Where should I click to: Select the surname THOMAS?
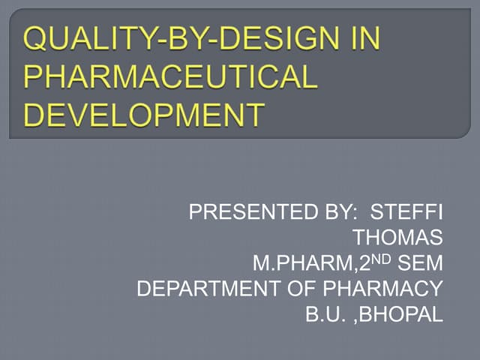(x=398, y=238)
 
